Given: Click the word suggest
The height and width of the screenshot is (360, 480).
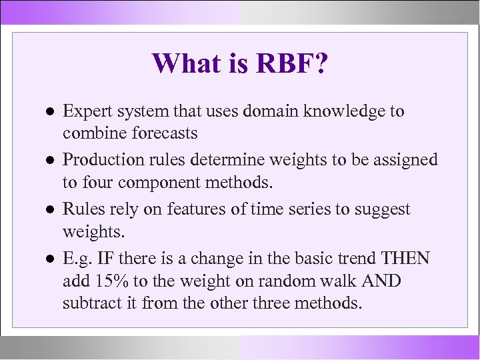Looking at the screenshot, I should [382, 210].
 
